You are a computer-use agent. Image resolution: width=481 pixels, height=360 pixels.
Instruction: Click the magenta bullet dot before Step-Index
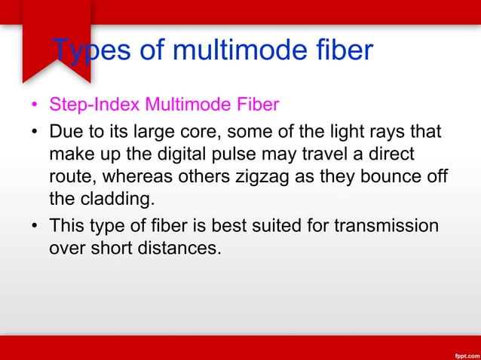click(x=35, y=104)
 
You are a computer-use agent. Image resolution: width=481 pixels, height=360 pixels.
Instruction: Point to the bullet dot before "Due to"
click(x=35, y=134)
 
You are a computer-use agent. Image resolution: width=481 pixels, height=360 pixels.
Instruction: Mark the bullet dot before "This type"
click(x=35, y=226)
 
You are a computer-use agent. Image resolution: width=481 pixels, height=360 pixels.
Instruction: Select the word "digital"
click(x=181, y=154)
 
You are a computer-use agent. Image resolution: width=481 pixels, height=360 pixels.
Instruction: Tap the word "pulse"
click(x=237, y=154)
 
